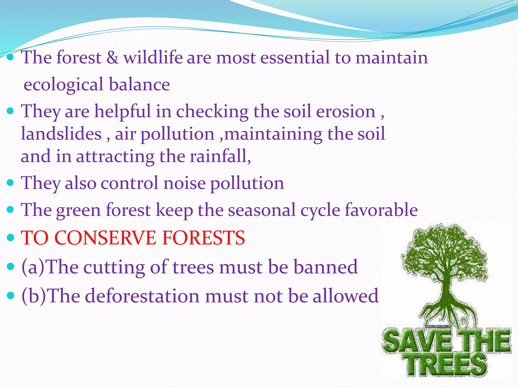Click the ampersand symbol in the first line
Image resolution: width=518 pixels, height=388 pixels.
coord(112,58)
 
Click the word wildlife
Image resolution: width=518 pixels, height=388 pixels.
coord(153,58)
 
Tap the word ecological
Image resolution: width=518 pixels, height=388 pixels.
coord(63,85)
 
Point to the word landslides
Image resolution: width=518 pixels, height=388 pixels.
coord(61,134)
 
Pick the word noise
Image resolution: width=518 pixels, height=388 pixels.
coord(185,183)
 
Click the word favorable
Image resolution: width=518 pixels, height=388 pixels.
coord(381,210)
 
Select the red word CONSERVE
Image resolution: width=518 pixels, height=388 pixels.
coord(106,238)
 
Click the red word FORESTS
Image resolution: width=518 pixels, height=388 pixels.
coord(203,238)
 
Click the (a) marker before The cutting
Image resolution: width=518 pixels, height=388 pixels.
coord(33,267)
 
